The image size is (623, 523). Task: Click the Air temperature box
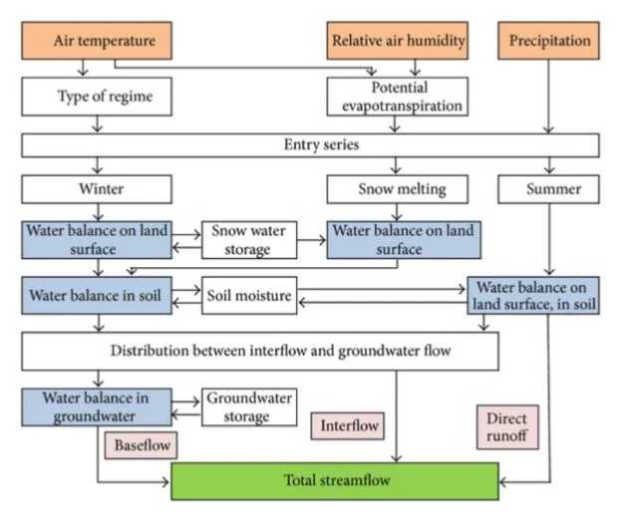tap(97, 41)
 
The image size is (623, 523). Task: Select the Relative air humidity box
tap(398, 41)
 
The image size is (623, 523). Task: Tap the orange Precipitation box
tap(548, 41)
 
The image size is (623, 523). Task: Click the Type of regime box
tap(97, 97)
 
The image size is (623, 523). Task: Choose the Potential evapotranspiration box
tap(398, 97)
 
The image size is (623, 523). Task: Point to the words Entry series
tap(321, 144)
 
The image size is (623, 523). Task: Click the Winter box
tap(97, 189)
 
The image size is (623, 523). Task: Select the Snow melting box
tap(398, 189)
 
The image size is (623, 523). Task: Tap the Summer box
tap(548, 189)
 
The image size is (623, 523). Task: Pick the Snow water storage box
tap(249, 240)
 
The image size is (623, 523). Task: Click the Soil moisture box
tap(249, 296)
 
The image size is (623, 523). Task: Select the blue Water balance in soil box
tap(97, 296)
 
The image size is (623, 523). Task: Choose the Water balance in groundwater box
tap(97, 407)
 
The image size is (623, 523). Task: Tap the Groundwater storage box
tap(249, 407)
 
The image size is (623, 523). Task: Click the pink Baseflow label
tap(142, 445)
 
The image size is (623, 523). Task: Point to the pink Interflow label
tap(348, 425)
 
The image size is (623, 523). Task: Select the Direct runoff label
tap(507, 427)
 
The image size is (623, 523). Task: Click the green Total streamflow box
tap(335, 481)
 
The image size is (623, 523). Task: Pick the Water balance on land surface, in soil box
tap(533, 296)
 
